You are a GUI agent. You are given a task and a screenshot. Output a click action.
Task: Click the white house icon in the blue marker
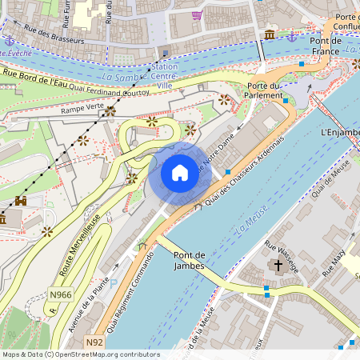[x=179, y=172]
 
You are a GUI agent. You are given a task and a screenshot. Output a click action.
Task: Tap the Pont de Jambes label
[x=190, y=261]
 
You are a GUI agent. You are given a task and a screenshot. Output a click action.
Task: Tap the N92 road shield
[x=95, y=342]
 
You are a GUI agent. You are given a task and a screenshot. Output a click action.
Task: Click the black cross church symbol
[x=278, y=265]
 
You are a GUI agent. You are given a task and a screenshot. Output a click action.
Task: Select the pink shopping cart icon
[x=197, y=14]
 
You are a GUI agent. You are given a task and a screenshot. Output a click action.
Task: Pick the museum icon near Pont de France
[x=270, y=34]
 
